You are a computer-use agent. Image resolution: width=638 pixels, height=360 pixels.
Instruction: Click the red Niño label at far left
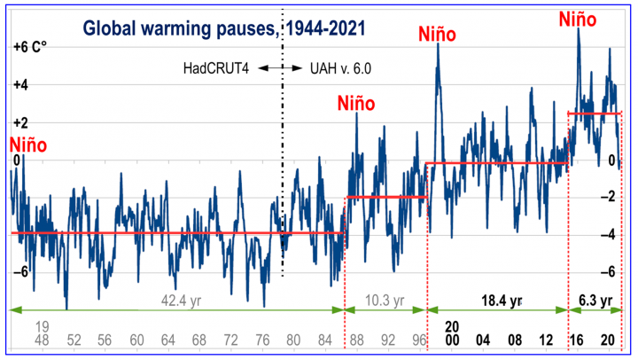coord(27,145)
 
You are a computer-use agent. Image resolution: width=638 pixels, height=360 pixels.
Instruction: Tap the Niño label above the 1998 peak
coord(437,35)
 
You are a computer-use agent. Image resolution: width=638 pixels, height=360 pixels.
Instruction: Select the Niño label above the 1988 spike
coord(356,103)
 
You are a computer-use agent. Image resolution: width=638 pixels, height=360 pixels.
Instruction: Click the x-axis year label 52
coord(74,340)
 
